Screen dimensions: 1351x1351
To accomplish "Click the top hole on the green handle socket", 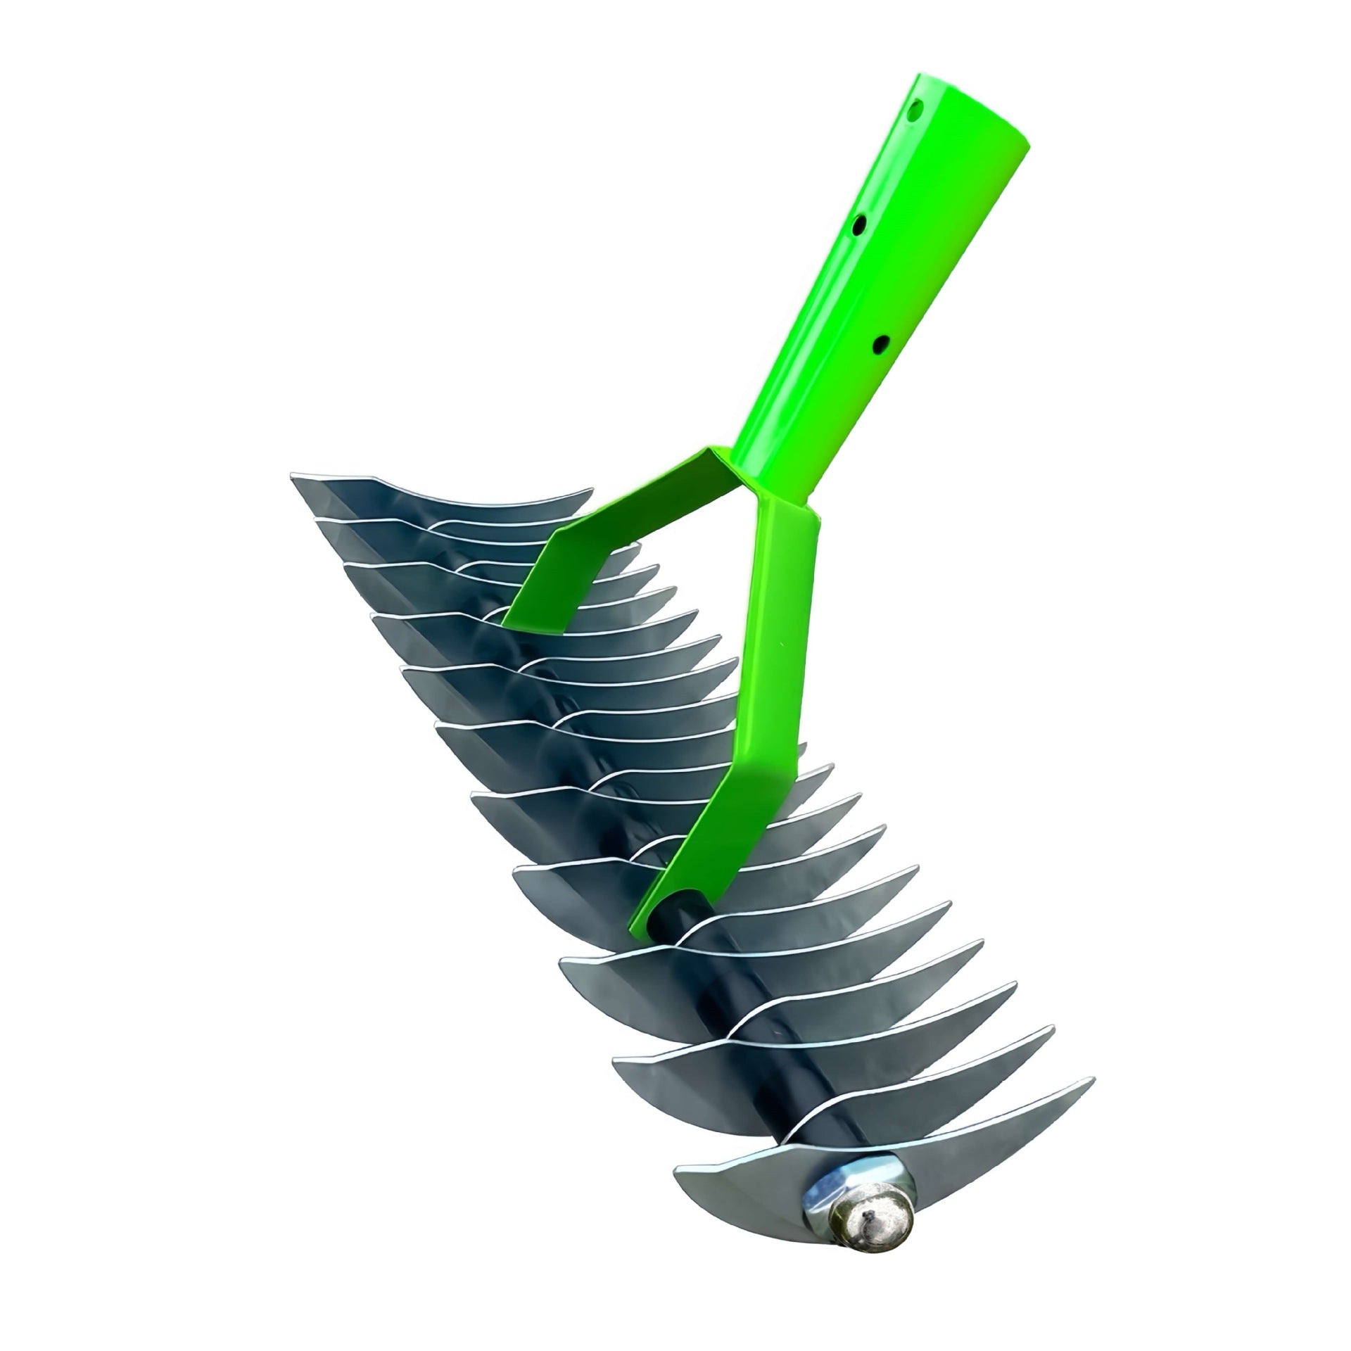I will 915,110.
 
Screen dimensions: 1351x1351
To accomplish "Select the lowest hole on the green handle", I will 880,344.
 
